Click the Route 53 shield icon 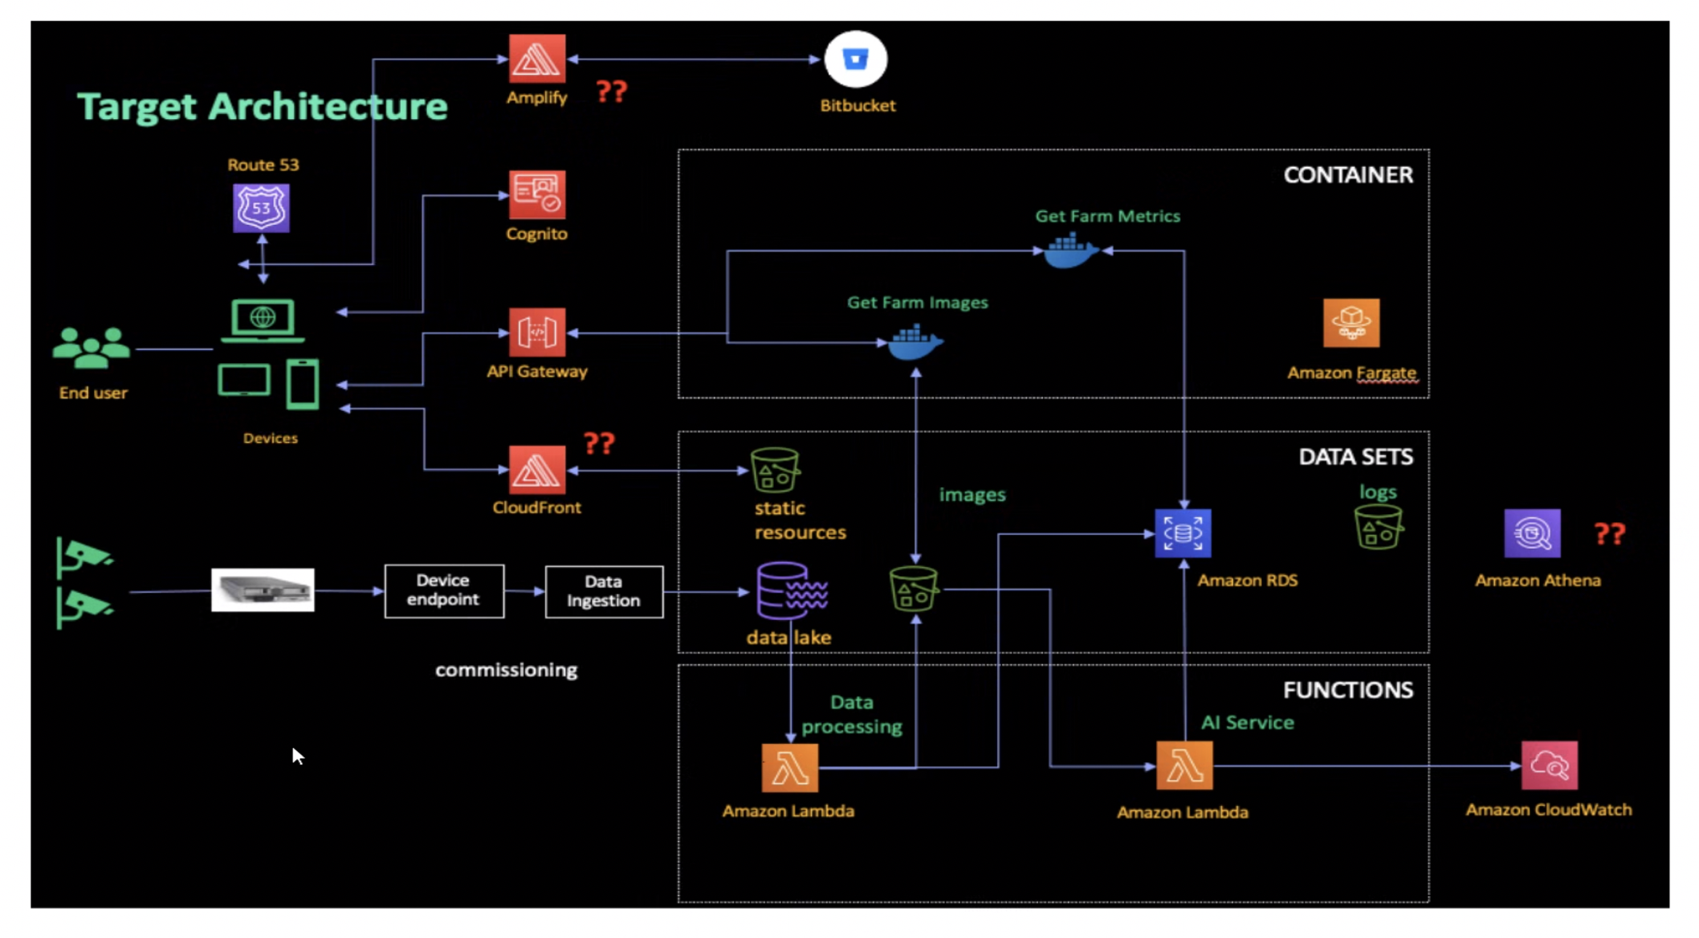(x=261, y=208)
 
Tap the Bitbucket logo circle (x=855, y=60)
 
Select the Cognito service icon (x=537, y=195)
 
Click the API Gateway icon (x=537, y=333)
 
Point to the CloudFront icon (x=537, y=470)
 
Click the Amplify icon (x=537, y=59)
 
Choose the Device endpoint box (x=444, y=591)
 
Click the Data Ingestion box (x=603, y=592)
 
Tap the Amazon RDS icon (x=1183, y=534)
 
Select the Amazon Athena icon (x=1532, y=534)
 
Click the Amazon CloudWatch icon (x=1549, y=765)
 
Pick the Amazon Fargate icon (x=1350, y=323)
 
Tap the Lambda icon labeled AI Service (x=1184, y=766)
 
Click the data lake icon (x=791, y=591)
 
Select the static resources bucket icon (x=775, y=470)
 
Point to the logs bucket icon (x=1377, y=527)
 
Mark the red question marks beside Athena (x=1609, y=534)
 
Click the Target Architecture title (x=262, y=107)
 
